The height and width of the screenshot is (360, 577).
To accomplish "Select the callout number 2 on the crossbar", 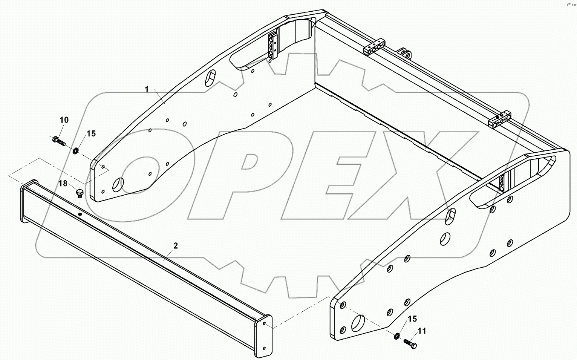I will [x=176, y=245].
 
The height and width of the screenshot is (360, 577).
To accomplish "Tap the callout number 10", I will [x=64, y=120].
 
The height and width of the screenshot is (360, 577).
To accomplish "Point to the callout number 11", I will [x=422, y=331].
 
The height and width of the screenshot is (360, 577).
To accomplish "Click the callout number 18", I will [x=63, y=184].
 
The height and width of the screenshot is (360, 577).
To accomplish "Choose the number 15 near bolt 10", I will [x=91, y=133].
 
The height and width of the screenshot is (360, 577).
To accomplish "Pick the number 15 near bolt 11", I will [x=412, y=319].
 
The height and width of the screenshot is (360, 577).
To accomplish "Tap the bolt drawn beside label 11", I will [x=411, y=344].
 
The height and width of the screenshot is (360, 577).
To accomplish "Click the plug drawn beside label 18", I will [x=80, y=193].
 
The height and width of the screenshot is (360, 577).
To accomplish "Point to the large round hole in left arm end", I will [x=118, y=184].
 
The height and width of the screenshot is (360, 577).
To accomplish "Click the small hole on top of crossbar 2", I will [x=80, y=214].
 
